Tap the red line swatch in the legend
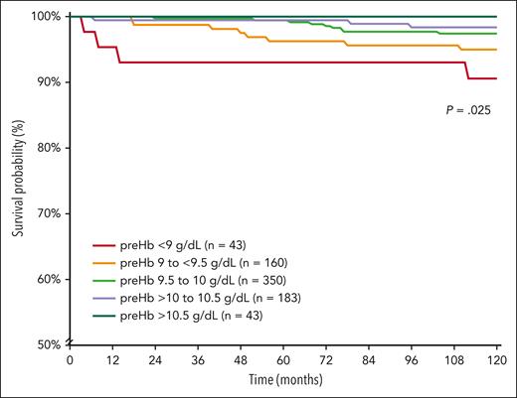(107, 244)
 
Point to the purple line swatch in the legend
(107, 298)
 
